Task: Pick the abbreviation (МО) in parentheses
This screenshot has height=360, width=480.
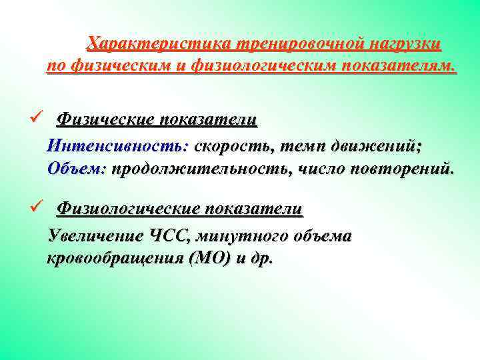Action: click(211, 259)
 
